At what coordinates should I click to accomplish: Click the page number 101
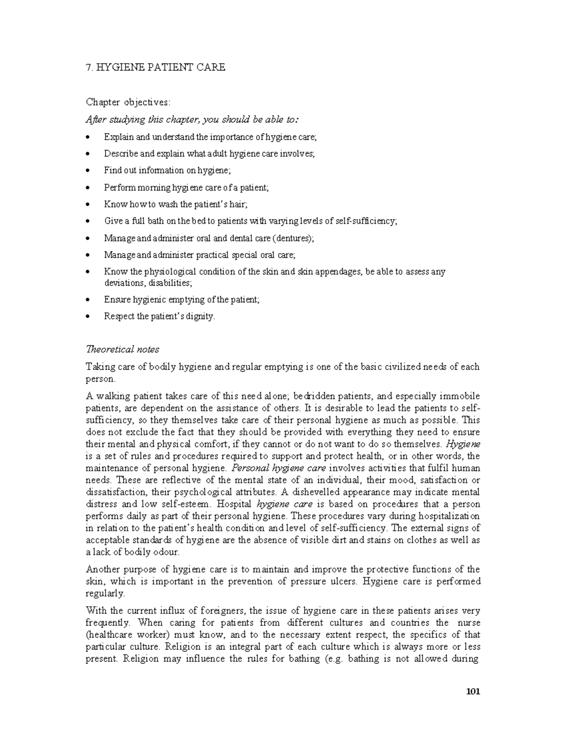tap(473, 692)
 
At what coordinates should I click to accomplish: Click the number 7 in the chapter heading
tap(88, 67)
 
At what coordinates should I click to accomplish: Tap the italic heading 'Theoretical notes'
tap(122, 349)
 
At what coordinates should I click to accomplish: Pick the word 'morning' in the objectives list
tap(151, 188)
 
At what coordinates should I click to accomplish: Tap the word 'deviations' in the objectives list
tap(124, 283)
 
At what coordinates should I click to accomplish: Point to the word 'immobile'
tap(460, 396)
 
